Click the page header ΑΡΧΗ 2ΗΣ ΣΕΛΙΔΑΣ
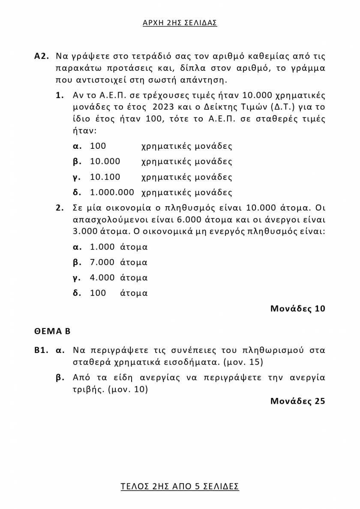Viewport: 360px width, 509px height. point(180,23)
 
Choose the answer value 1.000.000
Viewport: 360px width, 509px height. point(112,193)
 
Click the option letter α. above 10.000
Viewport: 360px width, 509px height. point(77,146)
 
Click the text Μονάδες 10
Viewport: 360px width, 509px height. point(297,308)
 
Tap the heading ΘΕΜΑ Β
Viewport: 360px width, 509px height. point(52,331)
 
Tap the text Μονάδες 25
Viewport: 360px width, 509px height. point(297,401)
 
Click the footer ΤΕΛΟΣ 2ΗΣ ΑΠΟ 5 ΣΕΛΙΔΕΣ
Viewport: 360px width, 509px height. point(180,486)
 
